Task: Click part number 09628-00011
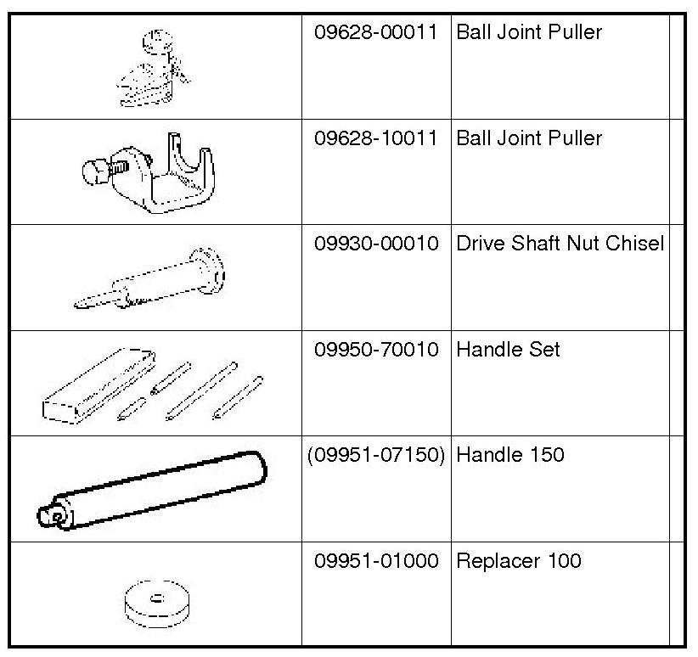[x=375, y=33]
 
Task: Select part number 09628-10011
[x=375, y=138]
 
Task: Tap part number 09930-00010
[x=375, y=244]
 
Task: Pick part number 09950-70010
[x=375, y=350]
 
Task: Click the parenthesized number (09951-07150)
[x=375, y=455]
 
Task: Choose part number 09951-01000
[x=375, y=561]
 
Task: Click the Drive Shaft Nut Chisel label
[x=560, y=244]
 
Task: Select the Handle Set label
[x=508, y=350]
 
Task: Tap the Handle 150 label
[x=509, y=455]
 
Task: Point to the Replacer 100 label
[x=519, y=561]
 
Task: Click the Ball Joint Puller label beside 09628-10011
[x=529, y=138]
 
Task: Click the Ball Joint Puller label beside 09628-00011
[x=529, y=33]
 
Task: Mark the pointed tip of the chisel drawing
[x=81, y=304]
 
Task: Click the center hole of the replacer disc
[x=156, y=598]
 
